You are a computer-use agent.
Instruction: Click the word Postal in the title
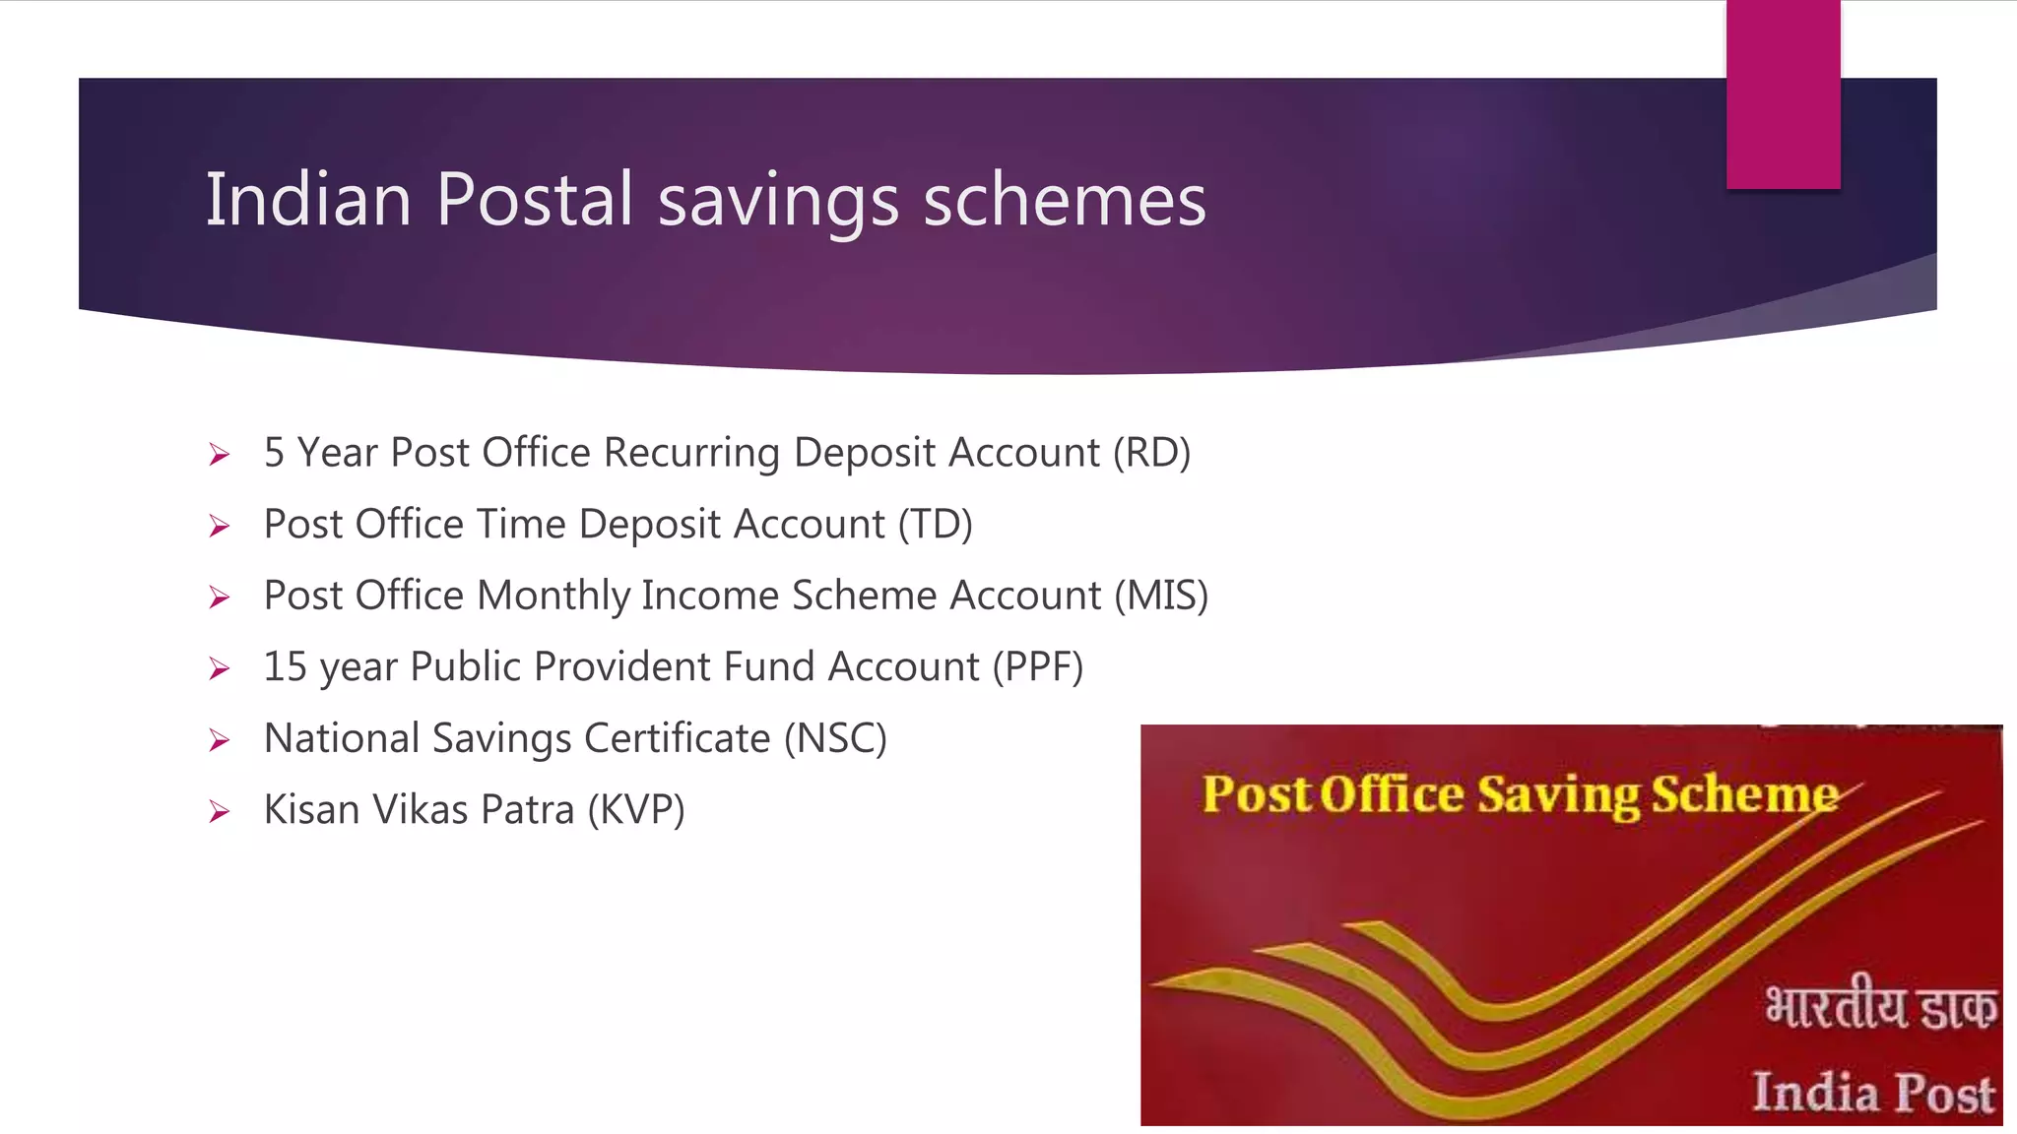click(x=534, y=200)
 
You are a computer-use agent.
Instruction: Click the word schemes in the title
click(x=1064, y=200)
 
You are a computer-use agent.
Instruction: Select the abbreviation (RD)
click(x=1151, y=453)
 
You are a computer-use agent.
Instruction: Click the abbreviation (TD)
click(x=935, y=525)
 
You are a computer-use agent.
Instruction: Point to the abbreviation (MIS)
click(x=1161, y=596)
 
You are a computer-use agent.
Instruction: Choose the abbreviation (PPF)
click(x=1037, y=667)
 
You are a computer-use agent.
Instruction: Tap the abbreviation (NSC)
click(x=835, y=738)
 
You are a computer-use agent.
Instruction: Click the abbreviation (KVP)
click(x=636, y=810)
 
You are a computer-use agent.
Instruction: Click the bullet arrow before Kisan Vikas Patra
click(x=219, y=811)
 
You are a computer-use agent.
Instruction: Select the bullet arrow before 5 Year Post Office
click(x=219, y=454)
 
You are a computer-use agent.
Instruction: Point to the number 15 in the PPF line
click(x=285, y=667)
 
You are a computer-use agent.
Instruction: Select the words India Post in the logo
click(x=1872, y=1092)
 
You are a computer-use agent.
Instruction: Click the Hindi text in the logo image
click(x=1880, y=1007)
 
